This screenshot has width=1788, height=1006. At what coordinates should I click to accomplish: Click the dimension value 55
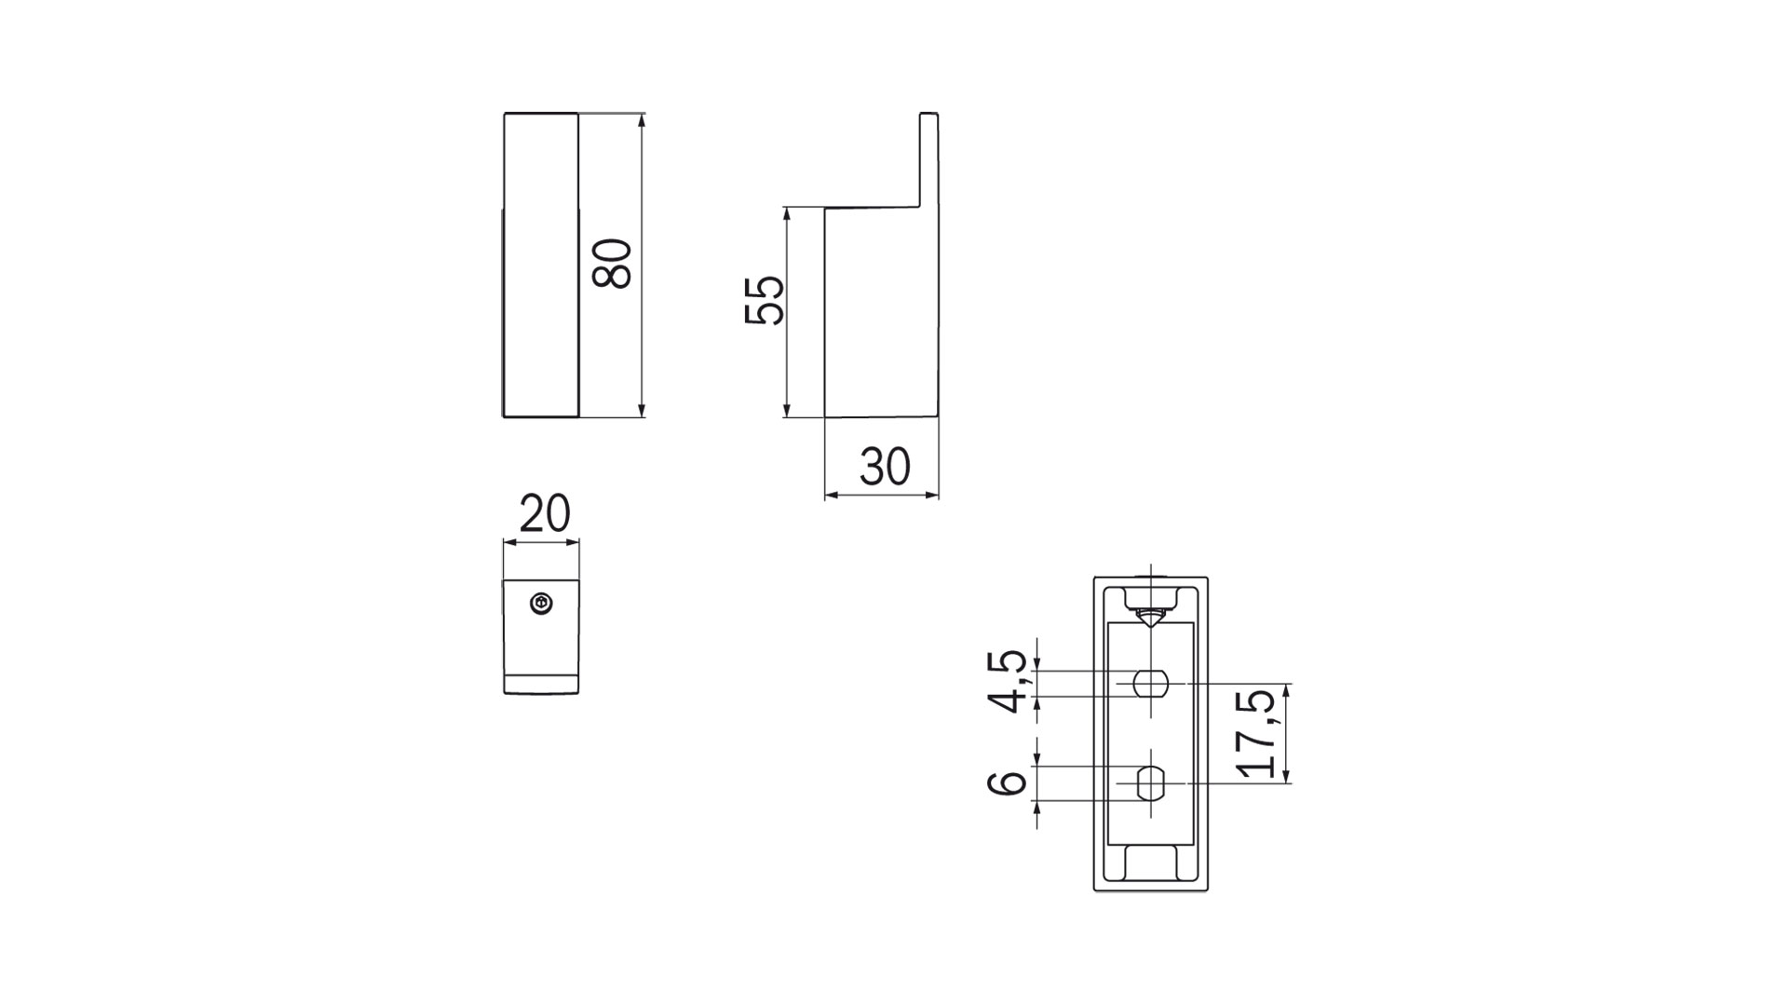765,300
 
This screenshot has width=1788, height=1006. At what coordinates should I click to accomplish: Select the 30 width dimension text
885,467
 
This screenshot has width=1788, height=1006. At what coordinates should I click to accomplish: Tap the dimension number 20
544,513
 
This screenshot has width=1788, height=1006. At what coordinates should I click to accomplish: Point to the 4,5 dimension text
1009,683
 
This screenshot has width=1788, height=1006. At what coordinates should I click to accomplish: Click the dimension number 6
1007,783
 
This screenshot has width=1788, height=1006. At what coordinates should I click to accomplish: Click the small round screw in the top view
541,605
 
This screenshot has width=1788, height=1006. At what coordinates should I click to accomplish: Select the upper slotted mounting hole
1151,684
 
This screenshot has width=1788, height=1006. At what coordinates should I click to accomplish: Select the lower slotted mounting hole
1151,783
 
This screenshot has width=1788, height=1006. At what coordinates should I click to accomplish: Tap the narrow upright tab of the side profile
928,158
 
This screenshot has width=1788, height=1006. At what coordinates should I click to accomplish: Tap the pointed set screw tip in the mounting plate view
1151,618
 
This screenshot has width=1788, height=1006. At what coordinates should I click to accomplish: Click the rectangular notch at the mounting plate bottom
1151,862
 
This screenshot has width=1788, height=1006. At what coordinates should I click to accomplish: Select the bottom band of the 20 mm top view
541,684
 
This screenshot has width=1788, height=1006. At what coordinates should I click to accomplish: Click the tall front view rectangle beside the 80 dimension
541,265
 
